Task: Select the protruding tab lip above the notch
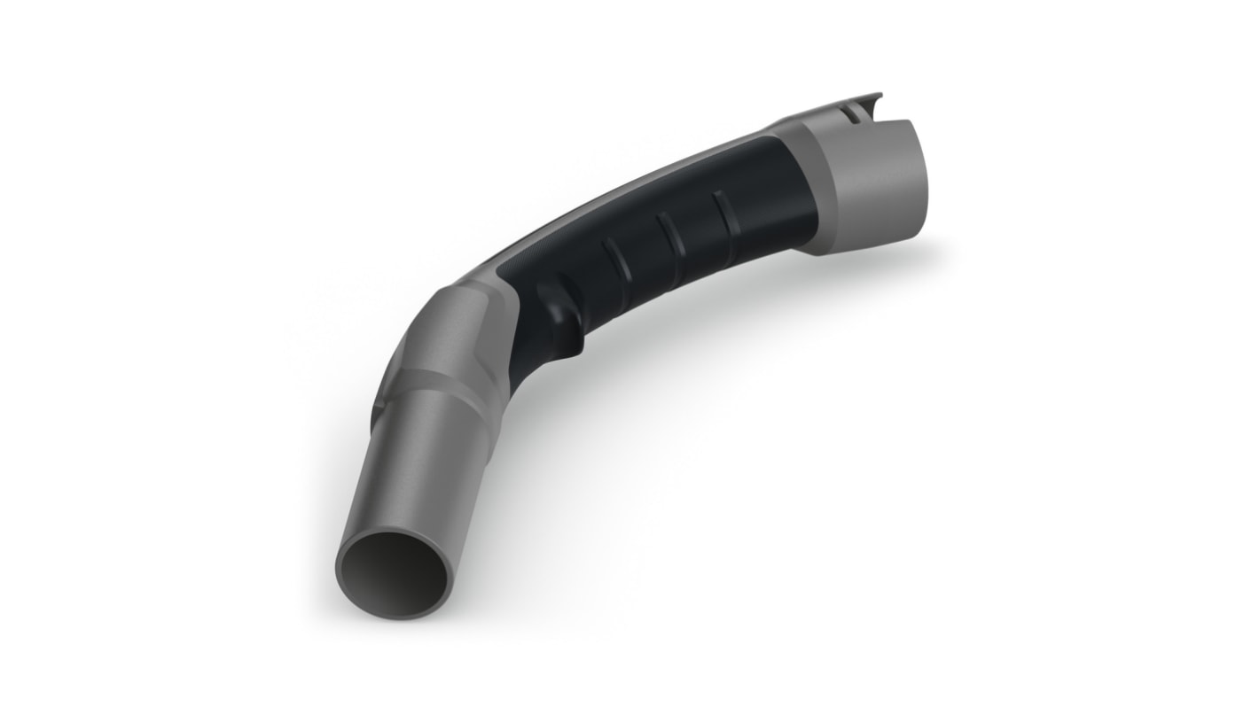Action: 873,96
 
